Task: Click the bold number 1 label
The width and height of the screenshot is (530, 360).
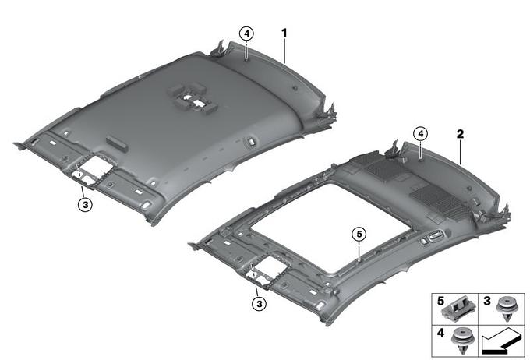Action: (284, 34)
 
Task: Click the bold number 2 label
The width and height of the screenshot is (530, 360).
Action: (460, 134)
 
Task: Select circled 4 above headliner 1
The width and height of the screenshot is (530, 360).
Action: (246, 34)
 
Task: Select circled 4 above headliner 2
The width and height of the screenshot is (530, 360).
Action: (420, 134)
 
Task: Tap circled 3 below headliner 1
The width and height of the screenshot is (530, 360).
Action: (85, 204)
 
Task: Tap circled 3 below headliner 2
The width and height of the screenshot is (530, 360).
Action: (260, 304)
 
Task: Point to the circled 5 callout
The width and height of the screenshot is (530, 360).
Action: (359, 234)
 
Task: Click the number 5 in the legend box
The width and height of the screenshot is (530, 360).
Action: (440, 301)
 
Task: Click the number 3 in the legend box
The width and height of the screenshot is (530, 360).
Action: (486, 301)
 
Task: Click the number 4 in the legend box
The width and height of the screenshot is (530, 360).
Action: (440, 333)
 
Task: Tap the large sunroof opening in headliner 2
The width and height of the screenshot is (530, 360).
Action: (331, 228)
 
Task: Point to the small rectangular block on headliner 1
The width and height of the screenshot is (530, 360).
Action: (117, 143)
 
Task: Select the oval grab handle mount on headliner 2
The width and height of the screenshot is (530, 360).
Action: (436, 235)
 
